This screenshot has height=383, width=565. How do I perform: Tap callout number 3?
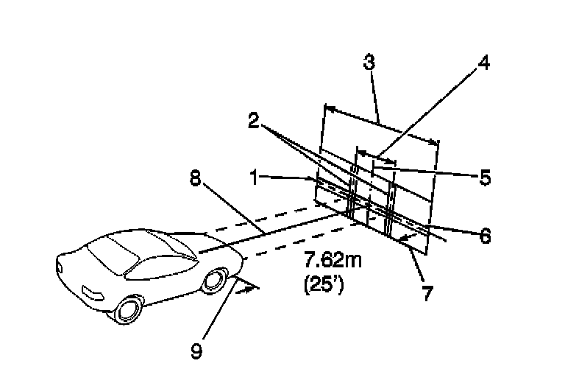click(x=369, y=63)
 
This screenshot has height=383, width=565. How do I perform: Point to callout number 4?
click(x=483, y=63)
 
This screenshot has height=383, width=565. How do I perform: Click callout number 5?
click(x=484, y=178)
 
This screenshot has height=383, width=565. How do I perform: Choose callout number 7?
click(x=427, y=292)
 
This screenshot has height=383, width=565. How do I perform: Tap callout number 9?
click(x=196, y=351)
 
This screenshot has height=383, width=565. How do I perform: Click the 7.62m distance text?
click(x=333, y=261)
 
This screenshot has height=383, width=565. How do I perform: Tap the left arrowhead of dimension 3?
click(x=328, y=109)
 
